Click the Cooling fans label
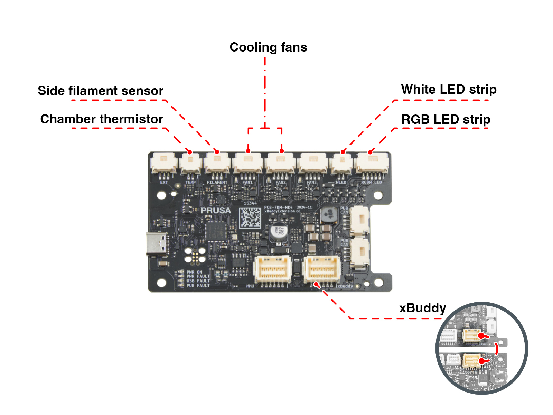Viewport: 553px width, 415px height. tap(268, 47)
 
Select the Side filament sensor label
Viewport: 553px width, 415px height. tap(100, 91)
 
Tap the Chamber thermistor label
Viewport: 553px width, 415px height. tap(102, 119)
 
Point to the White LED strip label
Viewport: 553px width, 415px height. tap(449, 90)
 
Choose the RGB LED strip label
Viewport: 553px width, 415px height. tap(446, 120)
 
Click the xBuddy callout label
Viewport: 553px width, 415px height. tap(422, 308)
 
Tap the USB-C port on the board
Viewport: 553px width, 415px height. tap(157, 243)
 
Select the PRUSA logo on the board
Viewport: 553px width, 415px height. tap(216, 210)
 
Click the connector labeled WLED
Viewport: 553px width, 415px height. tap(341, 163)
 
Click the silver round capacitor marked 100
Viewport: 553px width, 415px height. tap(279, 231)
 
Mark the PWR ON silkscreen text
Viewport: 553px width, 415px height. tap(194, 272)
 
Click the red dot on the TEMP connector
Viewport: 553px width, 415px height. tap(189, 152)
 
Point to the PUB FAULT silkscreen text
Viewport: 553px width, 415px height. tap(198, 286)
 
